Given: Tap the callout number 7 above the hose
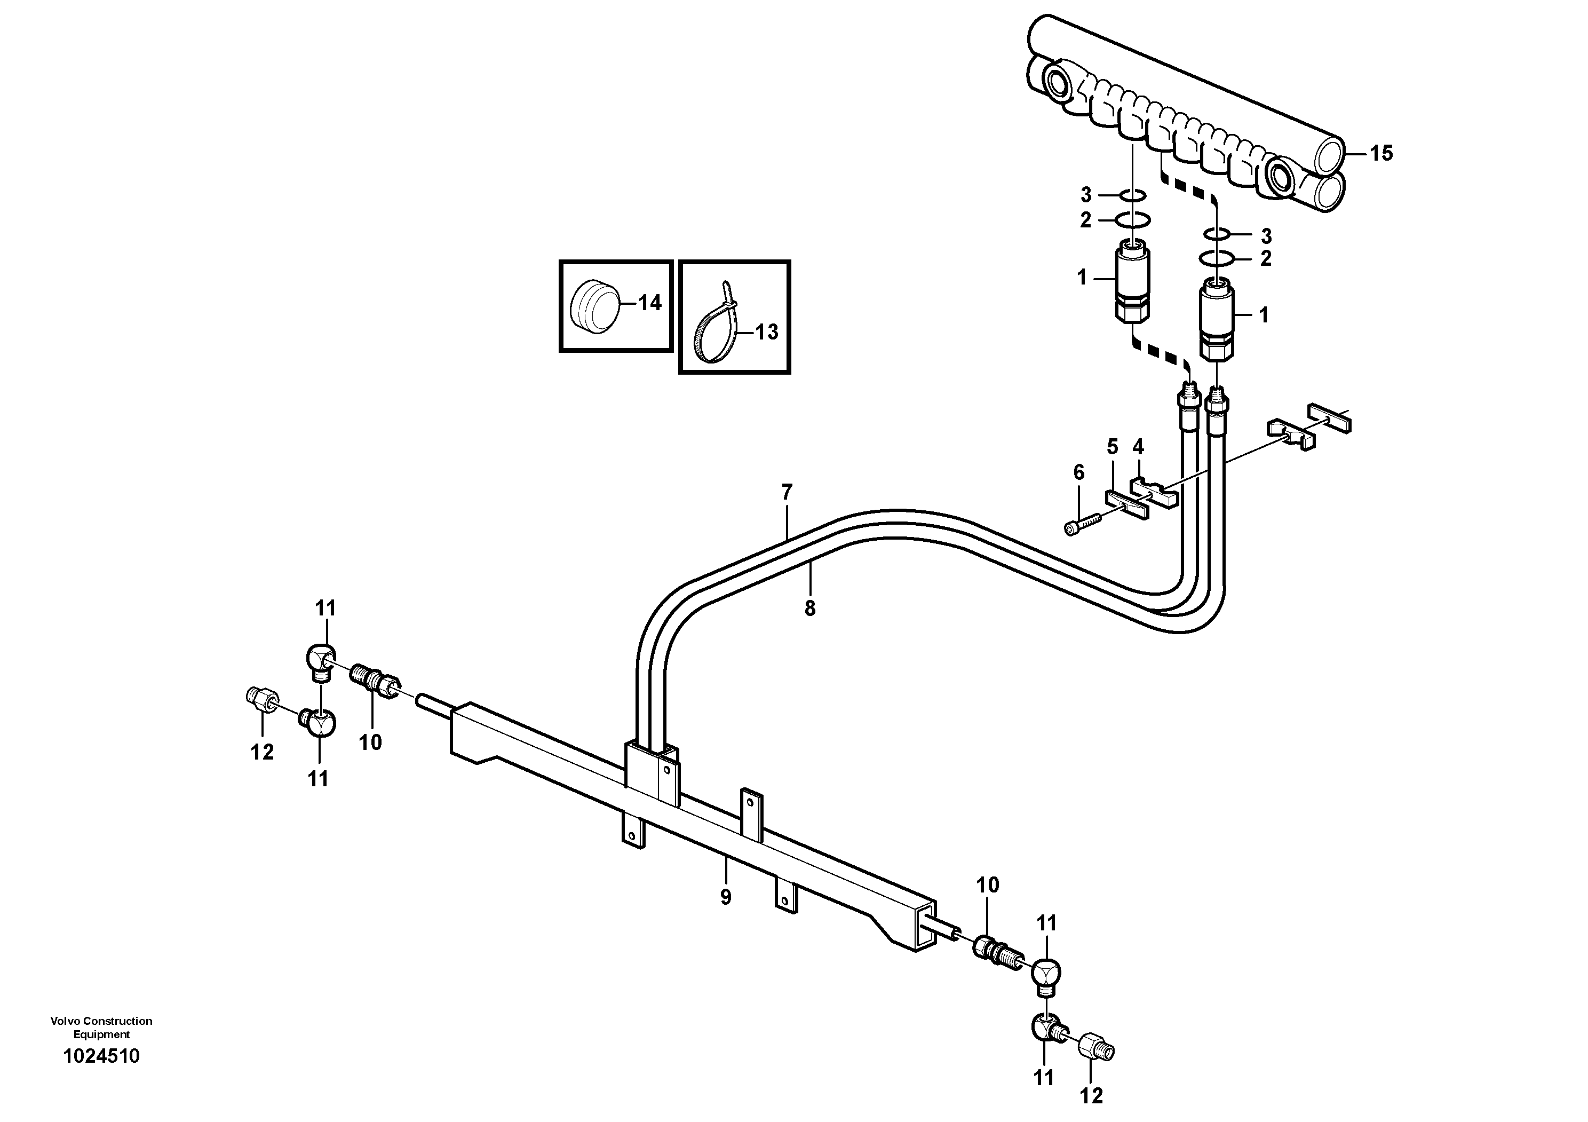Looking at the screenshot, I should (787, 493).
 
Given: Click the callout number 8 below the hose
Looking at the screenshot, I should (810, 608).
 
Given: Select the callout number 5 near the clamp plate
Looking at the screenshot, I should (1112, 447).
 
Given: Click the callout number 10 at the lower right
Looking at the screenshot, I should (988, 884).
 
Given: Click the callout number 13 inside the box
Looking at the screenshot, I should (766, 332).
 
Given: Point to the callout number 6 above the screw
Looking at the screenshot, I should (1079, 472).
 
